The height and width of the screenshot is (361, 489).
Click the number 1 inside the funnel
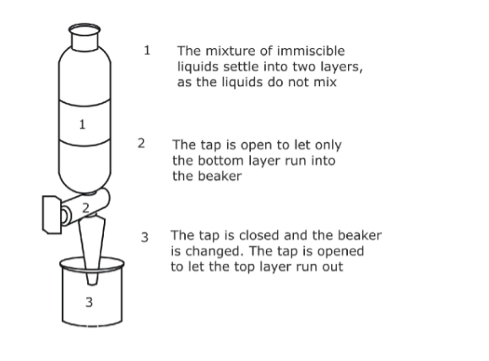point(82,124)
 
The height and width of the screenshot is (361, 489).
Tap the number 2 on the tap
point(86,208)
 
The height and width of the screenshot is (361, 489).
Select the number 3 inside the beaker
point(90,302)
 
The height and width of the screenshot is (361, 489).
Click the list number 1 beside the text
point(147,50)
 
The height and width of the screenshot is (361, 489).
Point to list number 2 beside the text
point(141,144)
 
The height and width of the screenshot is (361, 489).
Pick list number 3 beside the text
point(144,238)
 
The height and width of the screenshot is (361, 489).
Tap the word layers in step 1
point(342,68)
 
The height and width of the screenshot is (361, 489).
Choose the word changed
point(214,252)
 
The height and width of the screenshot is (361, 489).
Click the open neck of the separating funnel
point(84,30)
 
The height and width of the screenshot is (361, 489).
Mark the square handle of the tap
point(52,215)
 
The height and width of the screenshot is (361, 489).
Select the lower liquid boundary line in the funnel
point(84,144)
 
